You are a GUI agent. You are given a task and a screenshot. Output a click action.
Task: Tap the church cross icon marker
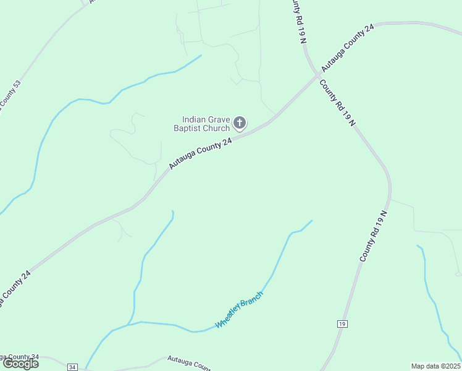pos(240,124)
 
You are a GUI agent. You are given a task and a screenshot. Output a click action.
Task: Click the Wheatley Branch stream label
pos(239,310)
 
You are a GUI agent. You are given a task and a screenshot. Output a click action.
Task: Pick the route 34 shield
pos(73,367)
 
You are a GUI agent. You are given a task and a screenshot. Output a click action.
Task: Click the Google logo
pos(20,364)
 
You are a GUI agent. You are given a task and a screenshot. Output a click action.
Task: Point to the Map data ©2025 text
pos(435,366)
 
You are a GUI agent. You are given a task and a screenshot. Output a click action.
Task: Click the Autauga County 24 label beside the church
pos(201,153)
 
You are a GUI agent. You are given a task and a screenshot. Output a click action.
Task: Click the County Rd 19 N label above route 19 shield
pos(374,236)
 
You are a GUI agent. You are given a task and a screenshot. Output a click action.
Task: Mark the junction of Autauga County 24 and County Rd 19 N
pos(319,75)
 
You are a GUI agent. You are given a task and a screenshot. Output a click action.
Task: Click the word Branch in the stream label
pos(251,300)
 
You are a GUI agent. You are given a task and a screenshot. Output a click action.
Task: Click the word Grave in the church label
pos(219,120)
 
